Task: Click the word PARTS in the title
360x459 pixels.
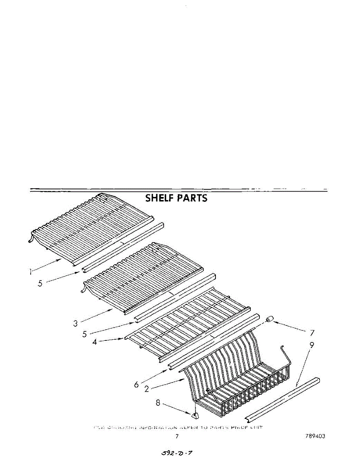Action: [x=192, y=198]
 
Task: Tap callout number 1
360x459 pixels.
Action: [x=30, y=272]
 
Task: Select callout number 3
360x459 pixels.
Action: [x=76, y=323]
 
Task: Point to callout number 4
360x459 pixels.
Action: [x=95, y=342]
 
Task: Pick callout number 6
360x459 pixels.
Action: [x=136, y=384]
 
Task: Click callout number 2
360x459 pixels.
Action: [x=146, y=389]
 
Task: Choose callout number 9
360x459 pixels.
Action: [x=312, y=345]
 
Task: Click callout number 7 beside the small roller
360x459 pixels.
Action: [x=313, y=332]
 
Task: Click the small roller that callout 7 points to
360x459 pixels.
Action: [x=271, y=319]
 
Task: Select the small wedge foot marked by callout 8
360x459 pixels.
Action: [x=195, y=414]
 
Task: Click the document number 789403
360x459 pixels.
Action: [x=315, y=436]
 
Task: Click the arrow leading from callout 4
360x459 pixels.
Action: [x=113, y=339]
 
